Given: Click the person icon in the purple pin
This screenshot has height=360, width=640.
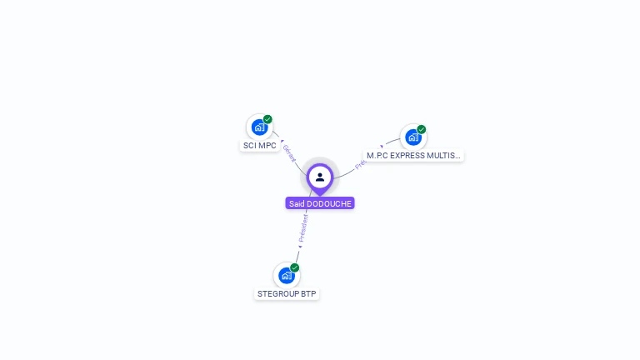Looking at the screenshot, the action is (x=320, y=177).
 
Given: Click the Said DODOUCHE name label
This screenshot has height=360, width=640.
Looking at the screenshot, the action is (x=320, y=203).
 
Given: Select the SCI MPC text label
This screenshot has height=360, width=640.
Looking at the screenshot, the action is (x=259, y=146).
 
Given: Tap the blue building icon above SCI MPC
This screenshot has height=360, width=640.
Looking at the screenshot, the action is (x=259, y=127).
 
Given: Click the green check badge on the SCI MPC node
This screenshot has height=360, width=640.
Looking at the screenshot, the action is (x=267, y=119).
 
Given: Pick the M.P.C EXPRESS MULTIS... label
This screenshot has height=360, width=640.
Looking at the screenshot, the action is (x=413, y=156).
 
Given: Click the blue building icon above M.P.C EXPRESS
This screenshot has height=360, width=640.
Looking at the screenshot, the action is (x=412, y=137).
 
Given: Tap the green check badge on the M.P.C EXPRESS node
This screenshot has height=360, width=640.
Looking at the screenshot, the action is (x=422, y=129).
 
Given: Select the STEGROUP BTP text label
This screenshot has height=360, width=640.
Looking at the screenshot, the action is (x=287, y=294).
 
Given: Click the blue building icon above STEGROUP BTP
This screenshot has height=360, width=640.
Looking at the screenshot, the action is (x=287, y=275).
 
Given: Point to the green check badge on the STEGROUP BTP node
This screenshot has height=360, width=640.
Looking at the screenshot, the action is (x=295, y=267).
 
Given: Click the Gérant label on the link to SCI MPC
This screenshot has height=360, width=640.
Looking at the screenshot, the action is (x=289, y=153).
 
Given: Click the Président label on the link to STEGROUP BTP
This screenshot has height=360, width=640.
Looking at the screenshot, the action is (x=303, y=227).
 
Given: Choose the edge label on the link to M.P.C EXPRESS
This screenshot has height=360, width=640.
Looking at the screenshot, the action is (x=361, y=163).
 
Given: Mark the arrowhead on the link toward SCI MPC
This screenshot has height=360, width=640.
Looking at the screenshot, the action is (x=282, y=141).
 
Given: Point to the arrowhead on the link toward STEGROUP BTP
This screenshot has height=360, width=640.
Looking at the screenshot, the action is (x=300, y=247).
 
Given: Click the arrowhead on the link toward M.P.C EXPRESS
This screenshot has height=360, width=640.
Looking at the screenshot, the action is (x=382, y=147).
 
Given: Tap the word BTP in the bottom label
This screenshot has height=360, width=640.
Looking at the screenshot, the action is (x=308, y=294).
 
